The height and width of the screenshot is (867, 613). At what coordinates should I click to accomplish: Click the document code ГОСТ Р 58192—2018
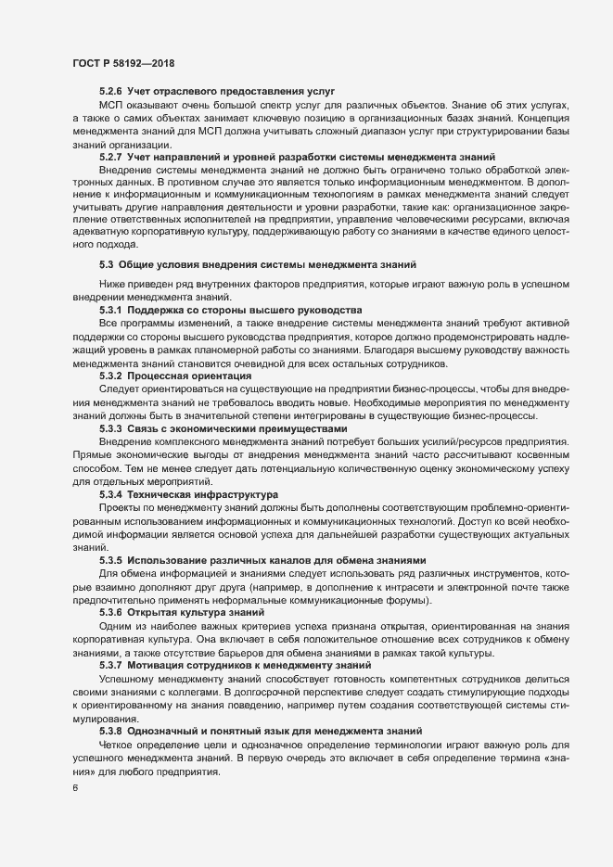pos(123,63)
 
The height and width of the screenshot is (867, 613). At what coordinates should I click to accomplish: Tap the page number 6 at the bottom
pos(74,789)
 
